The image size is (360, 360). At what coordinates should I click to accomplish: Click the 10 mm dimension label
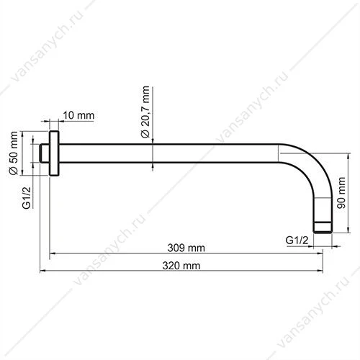point(78,115)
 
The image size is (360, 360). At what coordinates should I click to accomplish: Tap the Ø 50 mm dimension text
point(14,153)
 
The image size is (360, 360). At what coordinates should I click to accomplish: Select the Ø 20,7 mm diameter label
point(145,112)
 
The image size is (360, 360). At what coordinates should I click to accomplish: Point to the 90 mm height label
point(341,193)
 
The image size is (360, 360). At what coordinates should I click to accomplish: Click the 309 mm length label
point(186,248)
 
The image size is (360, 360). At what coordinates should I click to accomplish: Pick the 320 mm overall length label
point(181,266)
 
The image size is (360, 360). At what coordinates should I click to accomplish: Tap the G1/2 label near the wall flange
point(27,197)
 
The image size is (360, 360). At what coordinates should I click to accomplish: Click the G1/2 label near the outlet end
point(297,240)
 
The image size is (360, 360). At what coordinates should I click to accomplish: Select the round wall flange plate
point(54,153)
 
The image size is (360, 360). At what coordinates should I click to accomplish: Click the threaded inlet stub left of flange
point(45,153)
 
